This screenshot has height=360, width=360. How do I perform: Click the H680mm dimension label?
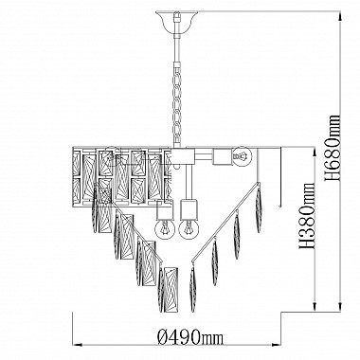click(x=333, y=148)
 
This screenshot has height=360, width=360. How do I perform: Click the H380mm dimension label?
click(x=308, y=216)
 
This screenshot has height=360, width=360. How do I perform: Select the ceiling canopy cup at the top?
click(x=177, y=21)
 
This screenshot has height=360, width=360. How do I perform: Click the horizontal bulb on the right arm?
click(x=243, y=156)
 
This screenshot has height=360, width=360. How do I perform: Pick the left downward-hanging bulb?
click(x=165, y=229)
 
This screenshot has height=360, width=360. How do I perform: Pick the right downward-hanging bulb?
click(x=189, y=229)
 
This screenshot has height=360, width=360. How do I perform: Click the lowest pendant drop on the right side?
click(x=192, y=288)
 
